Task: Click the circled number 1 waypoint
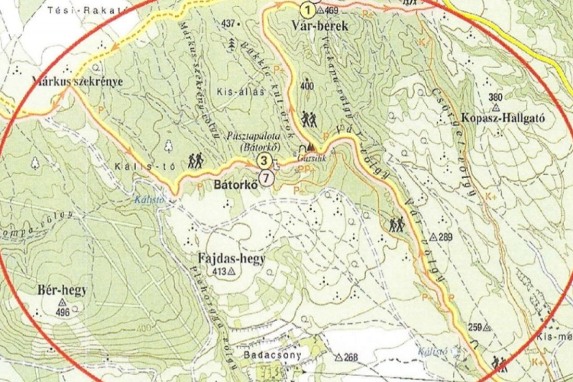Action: pos(306,10)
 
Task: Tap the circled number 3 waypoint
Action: pos(264,160)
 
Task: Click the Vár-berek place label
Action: pos(320,27)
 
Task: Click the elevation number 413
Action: pos(219,272)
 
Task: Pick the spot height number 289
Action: pos(445,236)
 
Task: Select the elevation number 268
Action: pos(351,357)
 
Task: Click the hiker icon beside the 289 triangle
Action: pos(397,225)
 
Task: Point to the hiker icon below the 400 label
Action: pos(309,119)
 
